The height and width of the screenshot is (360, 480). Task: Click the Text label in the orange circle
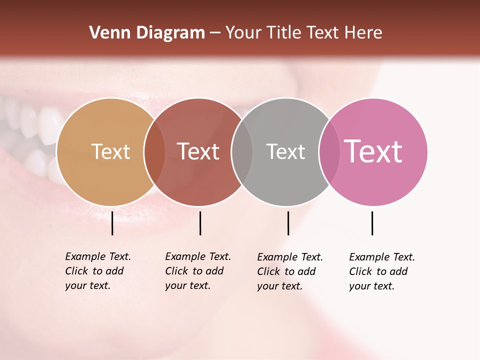pos(110,151)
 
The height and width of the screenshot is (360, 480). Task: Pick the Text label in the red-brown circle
pos(198,151)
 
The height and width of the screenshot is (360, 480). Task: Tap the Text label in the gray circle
pos(285,151)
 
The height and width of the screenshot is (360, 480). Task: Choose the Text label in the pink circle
pos(373,151)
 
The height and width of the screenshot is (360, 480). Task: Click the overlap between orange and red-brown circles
pos(154,152)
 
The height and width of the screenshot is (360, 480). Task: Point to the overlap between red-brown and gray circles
pos(242,152)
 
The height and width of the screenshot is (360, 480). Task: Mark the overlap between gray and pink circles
pos(329,152)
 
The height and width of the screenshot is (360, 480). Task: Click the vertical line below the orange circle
pos(112,223)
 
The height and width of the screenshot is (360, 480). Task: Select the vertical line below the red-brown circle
pos(200,223)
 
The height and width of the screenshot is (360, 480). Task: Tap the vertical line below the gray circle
pos(288,223)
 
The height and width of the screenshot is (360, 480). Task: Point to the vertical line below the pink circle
pos(372,223)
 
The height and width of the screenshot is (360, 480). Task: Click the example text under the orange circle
pos(97,271)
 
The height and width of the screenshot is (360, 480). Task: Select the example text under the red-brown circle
pos(197,271)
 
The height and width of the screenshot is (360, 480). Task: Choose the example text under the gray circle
pos(289,271)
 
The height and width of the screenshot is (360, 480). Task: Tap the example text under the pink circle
pos(381,271)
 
